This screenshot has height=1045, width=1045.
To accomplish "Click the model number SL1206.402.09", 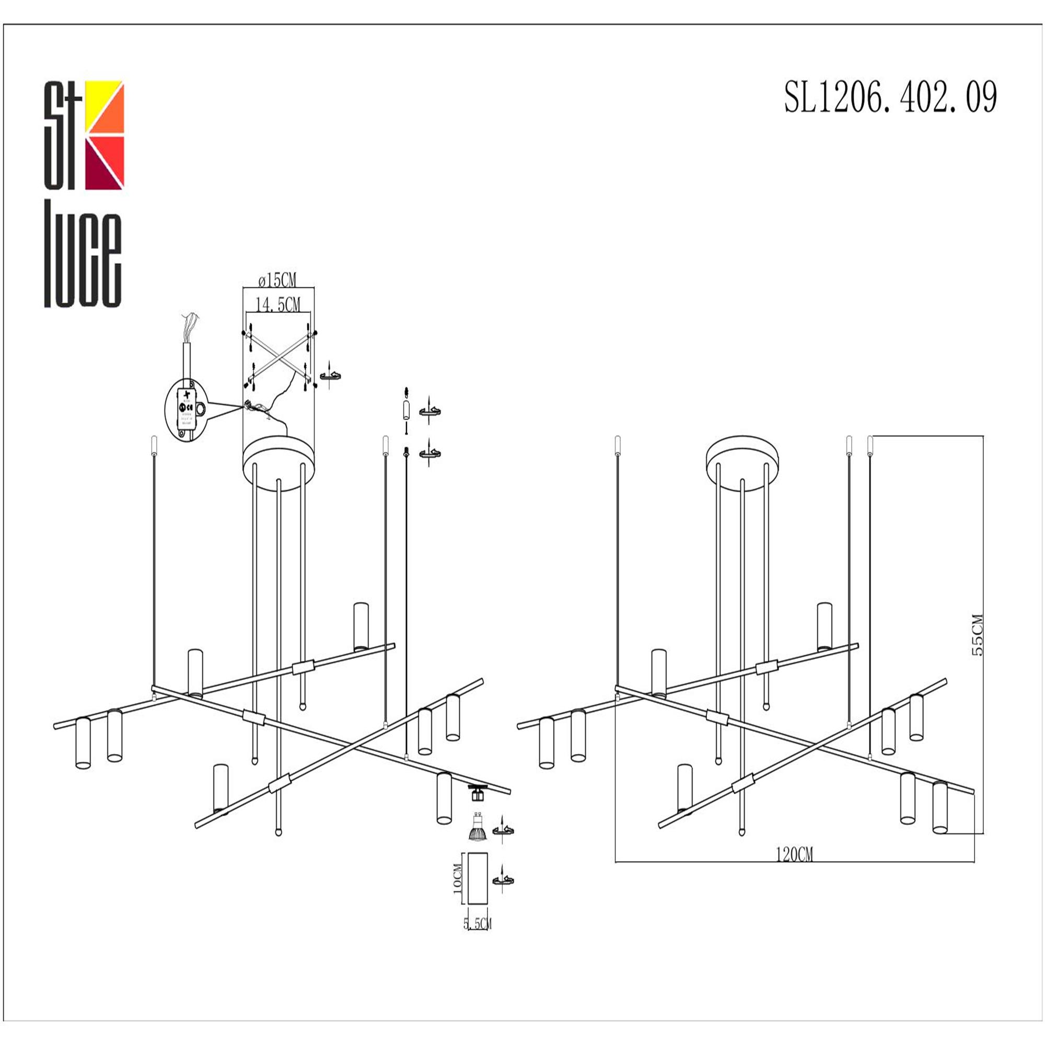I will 890,97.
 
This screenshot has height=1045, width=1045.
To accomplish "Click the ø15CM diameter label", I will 277,280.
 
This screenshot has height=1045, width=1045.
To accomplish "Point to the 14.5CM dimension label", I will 277,305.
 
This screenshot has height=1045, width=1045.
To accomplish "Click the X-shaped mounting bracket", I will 278,356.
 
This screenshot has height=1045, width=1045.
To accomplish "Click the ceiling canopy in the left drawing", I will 278,456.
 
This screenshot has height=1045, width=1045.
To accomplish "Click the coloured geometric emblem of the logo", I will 106,135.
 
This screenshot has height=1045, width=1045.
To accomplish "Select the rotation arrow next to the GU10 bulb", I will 503,831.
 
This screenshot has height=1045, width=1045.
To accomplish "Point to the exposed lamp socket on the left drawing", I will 477,793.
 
